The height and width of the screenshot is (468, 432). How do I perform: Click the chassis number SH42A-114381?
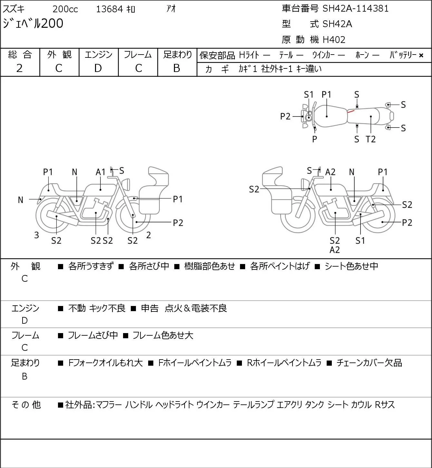[355, 9]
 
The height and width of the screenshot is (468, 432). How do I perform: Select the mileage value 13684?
[110, 9]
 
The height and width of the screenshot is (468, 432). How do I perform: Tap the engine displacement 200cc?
[65, 9]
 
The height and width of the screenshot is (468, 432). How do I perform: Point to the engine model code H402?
[334, 40]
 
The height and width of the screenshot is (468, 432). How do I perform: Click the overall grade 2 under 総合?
[20, 68]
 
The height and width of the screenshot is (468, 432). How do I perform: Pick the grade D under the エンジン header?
[98, 68]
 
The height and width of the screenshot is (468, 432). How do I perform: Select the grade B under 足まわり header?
[177, 68]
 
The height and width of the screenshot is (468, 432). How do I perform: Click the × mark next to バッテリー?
[421, 56]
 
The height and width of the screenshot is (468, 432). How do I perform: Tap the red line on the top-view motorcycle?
[351, 111]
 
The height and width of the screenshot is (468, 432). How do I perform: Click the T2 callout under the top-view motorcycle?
[370, 139]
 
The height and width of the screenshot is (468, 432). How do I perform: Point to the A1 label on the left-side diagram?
[101, 172]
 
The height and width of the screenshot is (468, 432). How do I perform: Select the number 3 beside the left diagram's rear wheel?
[36, 235]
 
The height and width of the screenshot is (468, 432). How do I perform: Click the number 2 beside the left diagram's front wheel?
[149, 235]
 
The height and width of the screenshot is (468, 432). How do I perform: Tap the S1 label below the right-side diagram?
[360, 240]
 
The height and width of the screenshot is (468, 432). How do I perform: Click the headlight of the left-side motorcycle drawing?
[126, 184]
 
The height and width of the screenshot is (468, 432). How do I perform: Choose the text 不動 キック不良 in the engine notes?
[97, 308]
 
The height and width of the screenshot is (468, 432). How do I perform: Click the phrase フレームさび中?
[93, 335]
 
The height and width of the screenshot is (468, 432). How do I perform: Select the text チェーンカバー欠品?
[369, 363]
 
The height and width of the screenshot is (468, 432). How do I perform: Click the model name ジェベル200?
[33, 24]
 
